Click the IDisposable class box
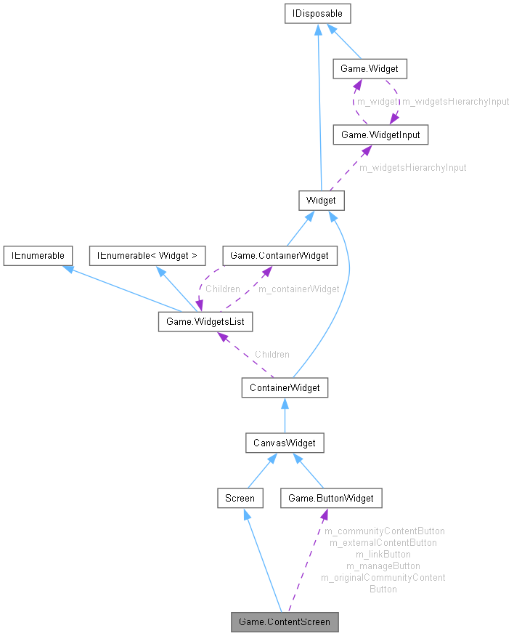point(318,13)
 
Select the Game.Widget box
point(370,69)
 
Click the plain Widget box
point(321,200)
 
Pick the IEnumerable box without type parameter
point(37,255)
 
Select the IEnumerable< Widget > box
point(147,255)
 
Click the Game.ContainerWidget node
point(280,255)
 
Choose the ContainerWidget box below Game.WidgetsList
point(285,387)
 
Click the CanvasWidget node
point(284,443)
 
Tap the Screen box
point(240,498)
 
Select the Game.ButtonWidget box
point(331,498)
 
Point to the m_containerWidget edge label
point(298,289)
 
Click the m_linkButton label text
point(383,554)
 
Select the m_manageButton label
point(383,565)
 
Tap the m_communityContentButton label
point(384,531)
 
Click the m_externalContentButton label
point(383,542)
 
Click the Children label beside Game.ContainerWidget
point(222,289)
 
